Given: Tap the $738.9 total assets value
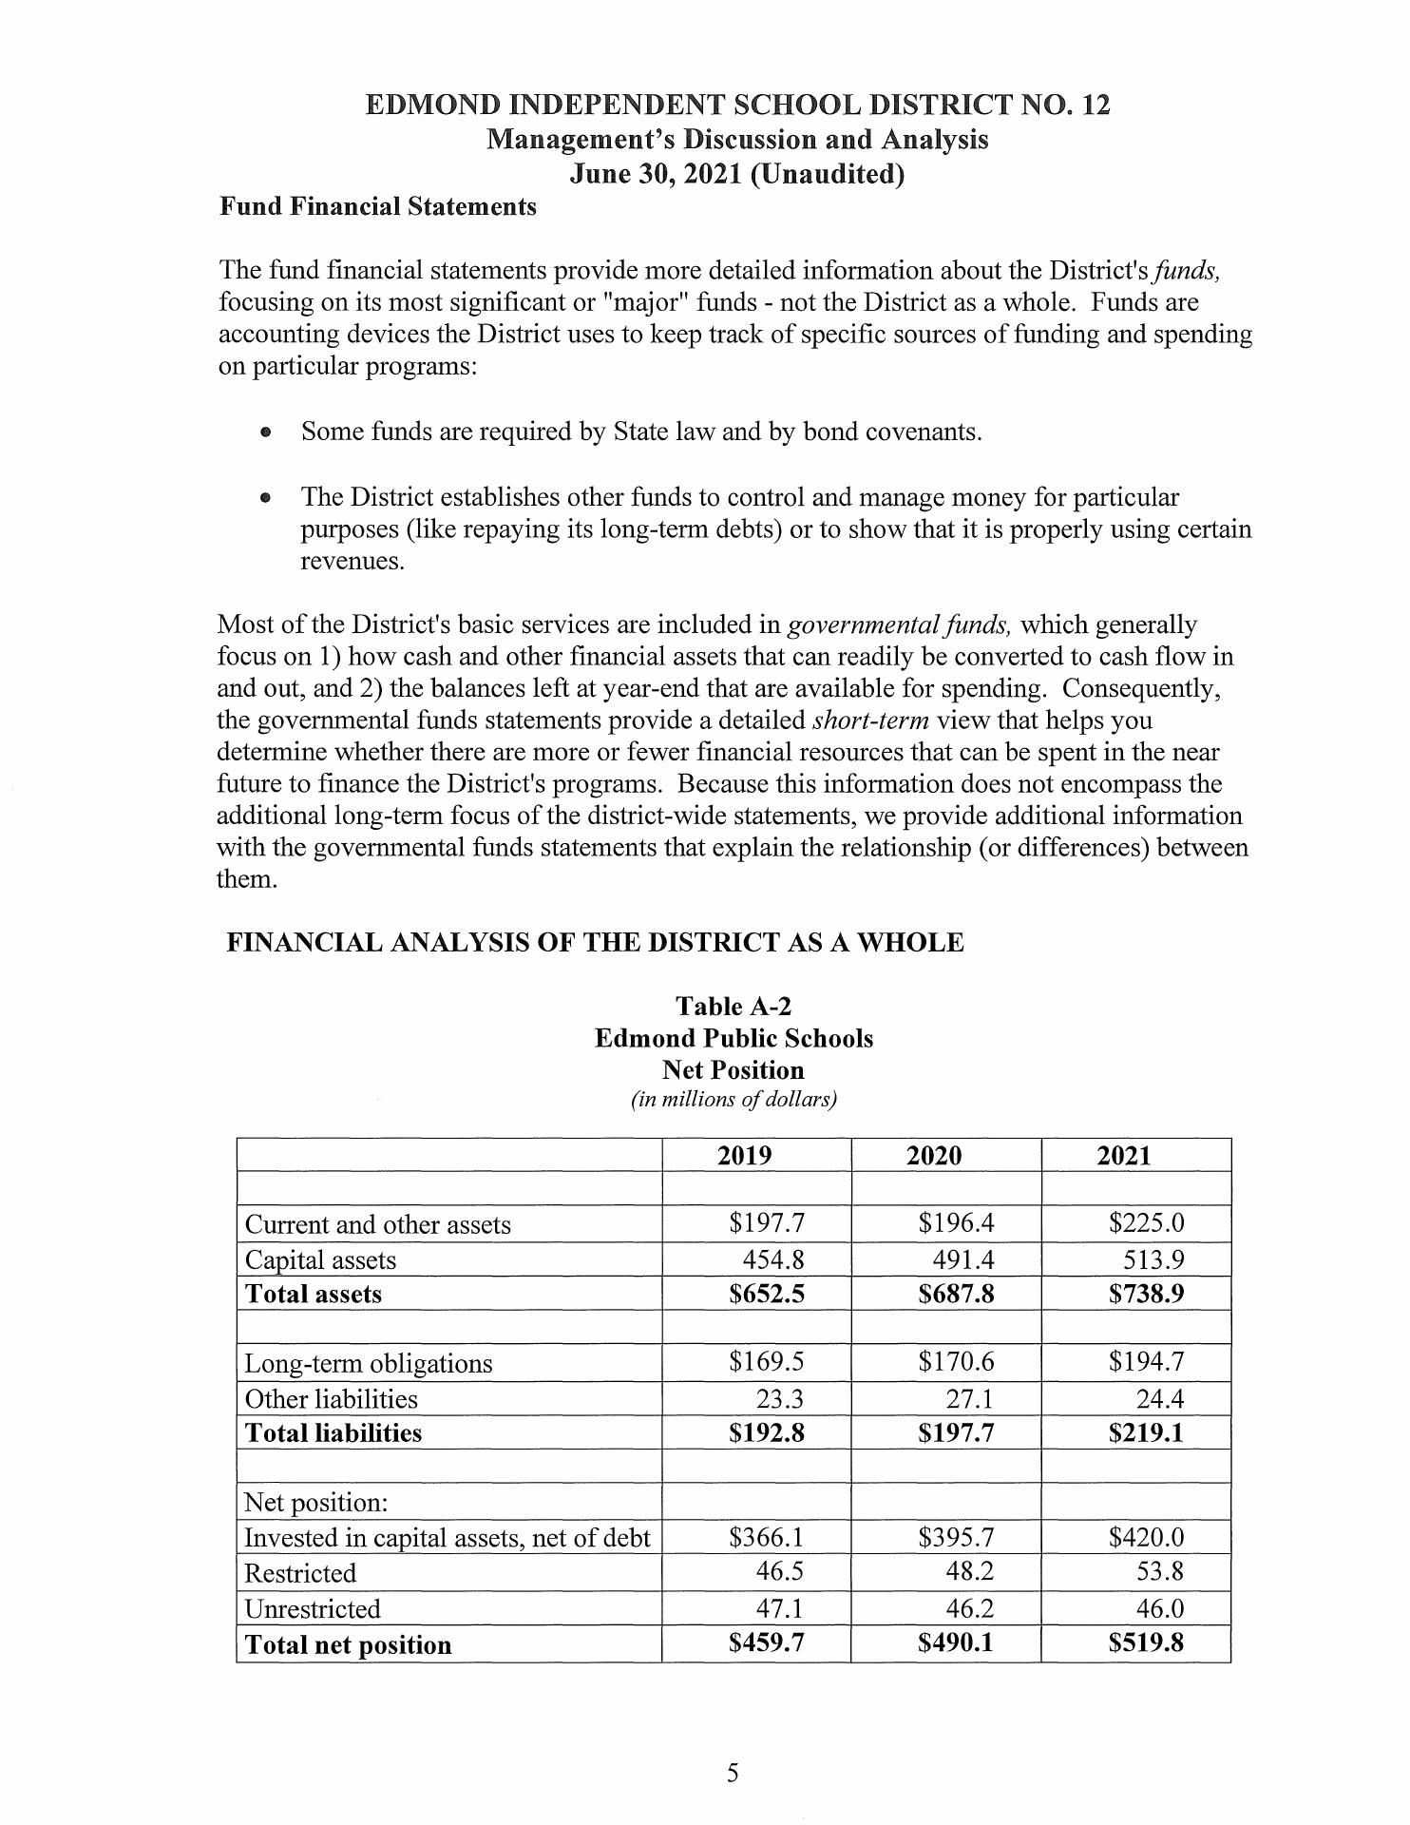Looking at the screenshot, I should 1146,1294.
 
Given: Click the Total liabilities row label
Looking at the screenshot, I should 333,1432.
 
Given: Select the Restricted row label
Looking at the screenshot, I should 300,1573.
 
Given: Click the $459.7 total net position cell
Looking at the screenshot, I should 766,1643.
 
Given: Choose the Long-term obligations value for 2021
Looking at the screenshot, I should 1146,1362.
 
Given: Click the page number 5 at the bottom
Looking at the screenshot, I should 733,1773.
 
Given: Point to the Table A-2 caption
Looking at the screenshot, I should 733,1006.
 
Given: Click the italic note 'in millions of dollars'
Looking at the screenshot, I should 734,1100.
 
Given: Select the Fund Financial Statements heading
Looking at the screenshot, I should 377,206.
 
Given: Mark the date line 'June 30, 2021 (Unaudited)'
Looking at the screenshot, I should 736,175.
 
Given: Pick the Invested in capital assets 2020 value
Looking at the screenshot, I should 956,1537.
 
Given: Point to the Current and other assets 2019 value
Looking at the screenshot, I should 766,1223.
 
